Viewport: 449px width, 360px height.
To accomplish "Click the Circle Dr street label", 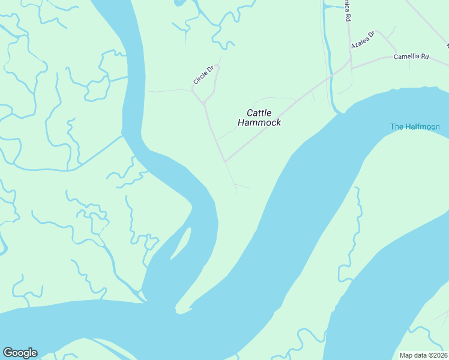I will point(203,76).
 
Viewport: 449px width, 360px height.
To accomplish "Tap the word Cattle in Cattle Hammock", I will point(259,113).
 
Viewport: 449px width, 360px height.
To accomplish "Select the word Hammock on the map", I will point(259,123).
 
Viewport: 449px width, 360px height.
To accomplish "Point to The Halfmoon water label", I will point(415,127).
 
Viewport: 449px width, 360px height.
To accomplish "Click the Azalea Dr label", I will point(363,41).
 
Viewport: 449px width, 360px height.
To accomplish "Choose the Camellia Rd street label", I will point(411,57).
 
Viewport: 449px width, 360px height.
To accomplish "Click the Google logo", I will point(20,353).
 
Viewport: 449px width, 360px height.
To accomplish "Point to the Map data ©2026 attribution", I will point(423,355).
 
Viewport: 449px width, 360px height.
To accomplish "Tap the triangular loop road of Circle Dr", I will point(207,90).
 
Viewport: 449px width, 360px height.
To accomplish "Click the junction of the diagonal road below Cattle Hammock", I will point(224,161).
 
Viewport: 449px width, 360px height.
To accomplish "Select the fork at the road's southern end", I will point(235,184).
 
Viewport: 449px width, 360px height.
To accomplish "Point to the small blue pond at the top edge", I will point(179,2).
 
